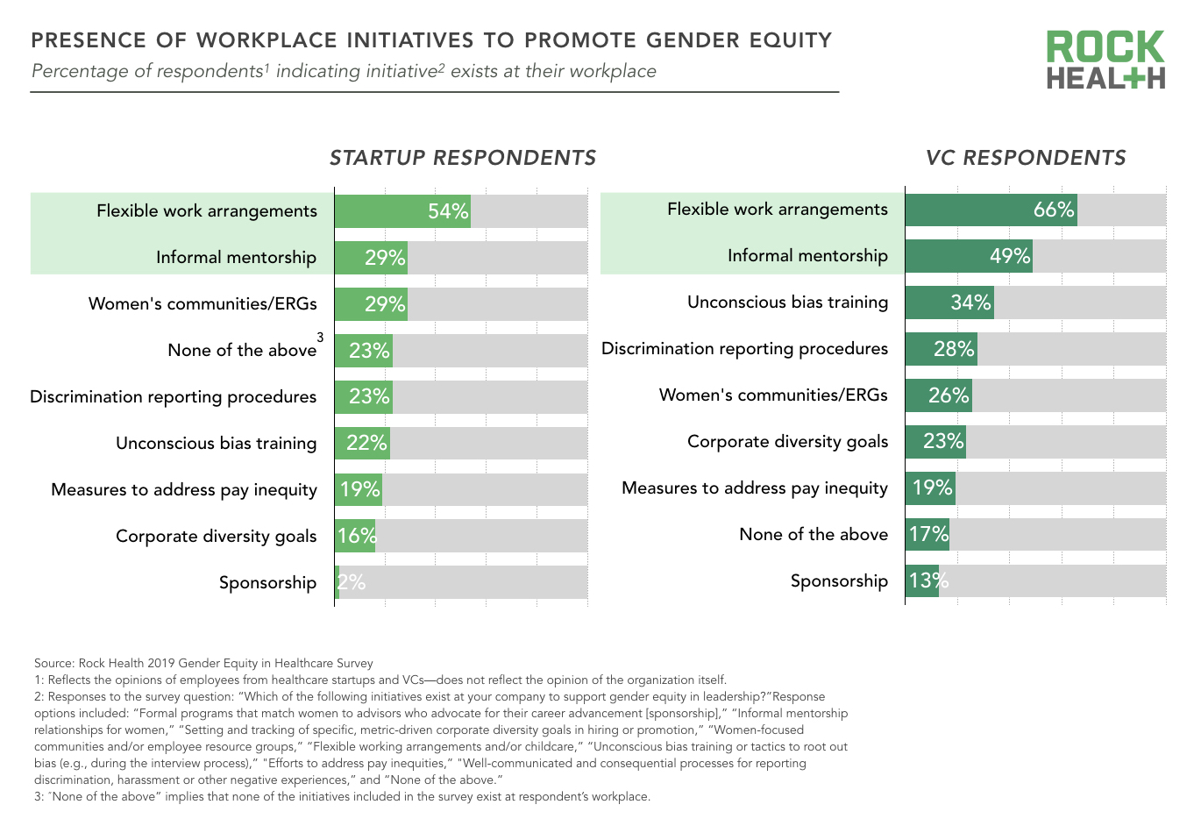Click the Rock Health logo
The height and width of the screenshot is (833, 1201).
1105,60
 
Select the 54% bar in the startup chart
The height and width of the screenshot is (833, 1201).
403,211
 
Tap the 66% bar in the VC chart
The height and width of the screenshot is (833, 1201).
991,210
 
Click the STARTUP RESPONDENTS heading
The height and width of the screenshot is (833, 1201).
463,158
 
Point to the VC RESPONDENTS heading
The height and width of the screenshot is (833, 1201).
1026,158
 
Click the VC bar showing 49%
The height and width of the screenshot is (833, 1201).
969,256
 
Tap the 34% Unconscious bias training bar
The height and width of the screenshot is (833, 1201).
949,303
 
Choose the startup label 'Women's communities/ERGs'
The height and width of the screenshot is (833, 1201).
203,304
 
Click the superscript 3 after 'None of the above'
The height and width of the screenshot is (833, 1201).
320,338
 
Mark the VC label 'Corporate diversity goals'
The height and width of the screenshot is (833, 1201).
787,442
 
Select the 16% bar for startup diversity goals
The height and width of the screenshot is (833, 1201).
355,536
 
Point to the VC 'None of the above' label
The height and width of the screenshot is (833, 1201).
814,535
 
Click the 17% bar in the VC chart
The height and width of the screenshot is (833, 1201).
927,534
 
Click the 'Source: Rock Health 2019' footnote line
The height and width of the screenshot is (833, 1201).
203,664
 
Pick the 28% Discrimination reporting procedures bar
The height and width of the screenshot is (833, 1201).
941,349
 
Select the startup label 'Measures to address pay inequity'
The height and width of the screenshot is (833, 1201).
184,490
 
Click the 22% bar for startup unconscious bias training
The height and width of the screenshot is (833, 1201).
362,443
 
